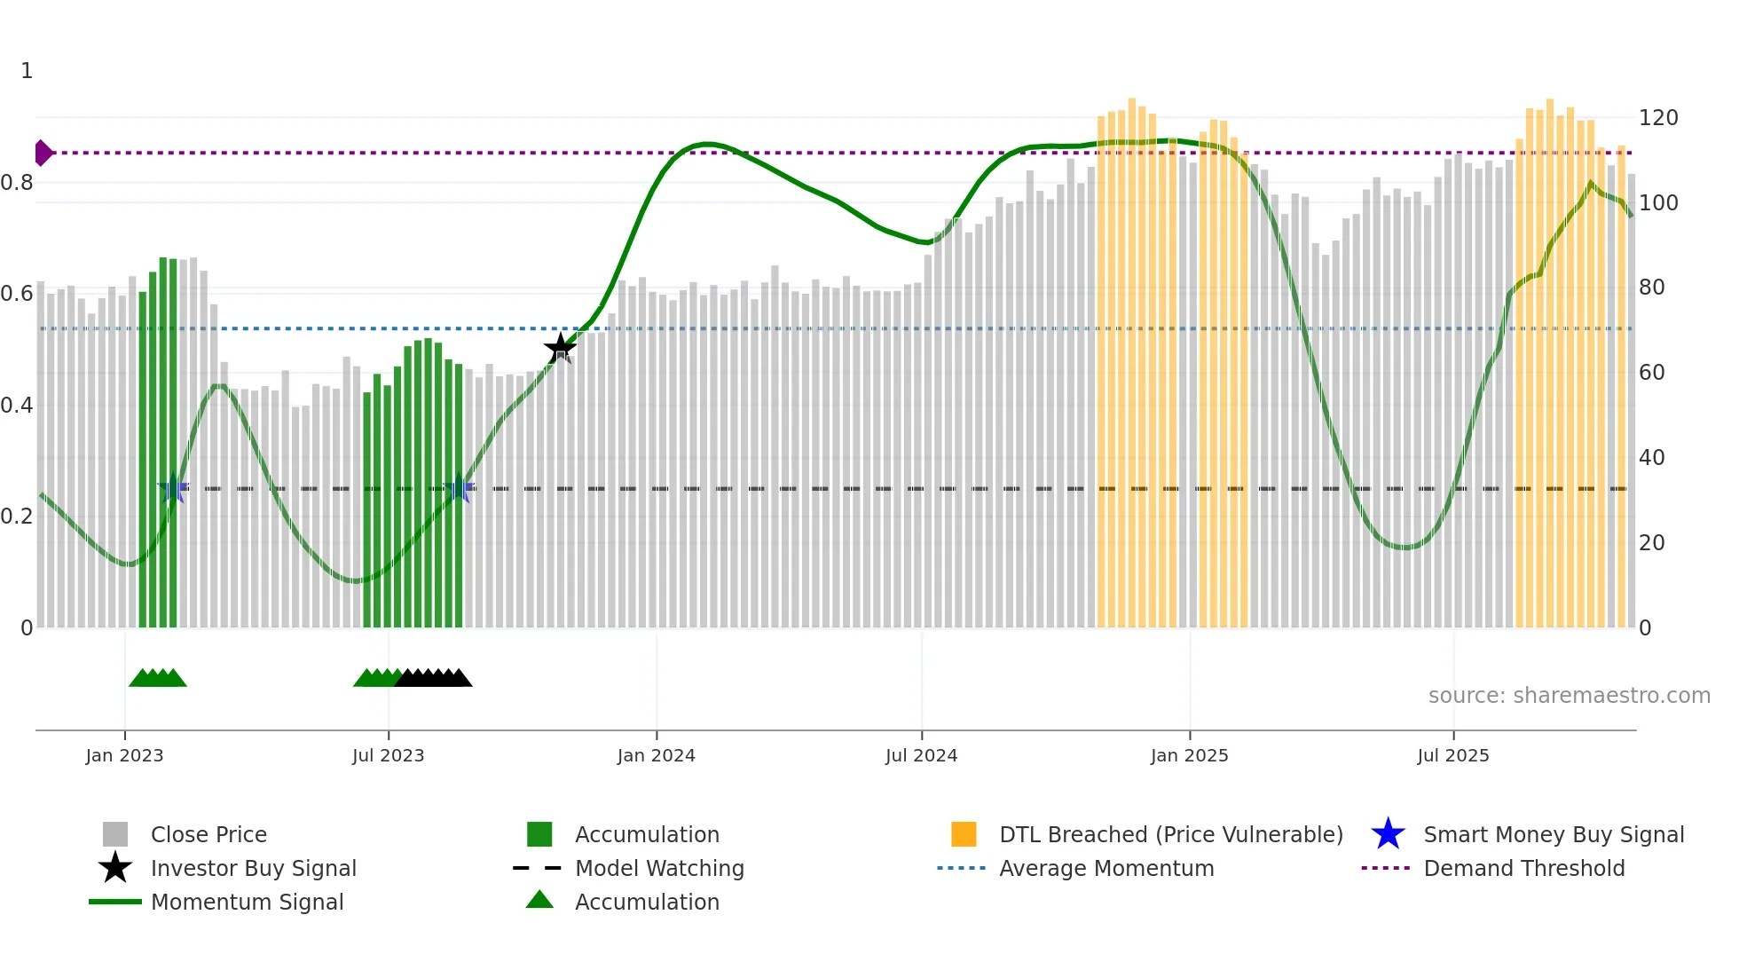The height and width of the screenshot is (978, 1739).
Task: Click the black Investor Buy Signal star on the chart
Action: point(560,349)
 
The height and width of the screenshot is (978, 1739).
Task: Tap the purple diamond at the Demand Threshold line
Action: point(43,153)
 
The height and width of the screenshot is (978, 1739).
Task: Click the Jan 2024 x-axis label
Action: point(656,755)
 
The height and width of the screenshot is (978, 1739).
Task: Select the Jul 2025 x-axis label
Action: point(1452,755)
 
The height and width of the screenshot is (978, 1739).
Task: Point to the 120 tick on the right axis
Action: point(1657,118)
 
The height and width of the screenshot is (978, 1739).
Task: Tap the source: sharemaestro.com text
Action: point(1569,695)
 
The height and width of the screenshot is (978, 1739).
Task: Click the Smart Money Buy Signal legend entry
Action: point(1553,834)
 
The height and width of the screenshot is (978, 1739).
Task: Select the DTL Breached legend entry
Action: point(1170,834)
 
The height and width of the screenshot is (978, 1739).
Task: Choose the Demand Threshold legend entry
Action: point(1523,868)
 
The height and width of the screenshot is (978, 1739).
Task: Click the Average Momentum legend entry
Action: point(1106,868)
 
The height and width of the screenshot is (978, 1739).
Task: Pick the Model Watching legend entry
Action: point(658,868)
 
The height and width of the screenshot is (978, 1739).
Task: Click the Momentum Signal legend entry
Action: point(247,902)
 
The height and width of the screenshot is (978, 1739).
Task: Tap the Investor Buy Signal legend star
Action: point(115,868)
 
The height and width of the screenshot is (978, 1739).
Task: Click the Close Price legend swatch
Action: point(115,834)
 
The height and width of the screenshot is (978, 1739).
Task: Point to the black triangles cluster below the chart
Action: point(435,678)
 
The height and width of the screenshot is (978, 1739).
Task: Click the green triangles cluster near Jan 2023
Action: point(158,678)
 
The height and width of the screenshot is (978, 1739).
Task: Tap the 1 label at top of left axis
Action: point(27,71)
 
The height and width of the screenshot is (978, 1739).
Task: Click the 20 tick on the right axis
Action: point(1651,543)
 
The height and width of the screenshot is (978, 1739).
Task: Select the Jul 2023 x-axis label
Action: point(388,755)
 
